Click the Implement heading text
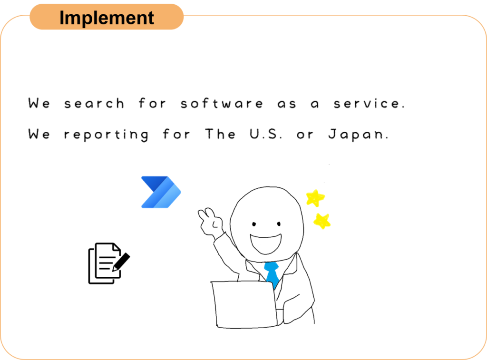pos(107,18)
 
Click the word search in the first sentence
pos(94,103)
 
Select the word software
pos(222,103)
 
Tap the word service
pos(369,103)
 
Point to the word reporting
pos(106,135)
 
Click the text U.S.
pos(266,134)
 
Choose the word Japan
pos(359,135)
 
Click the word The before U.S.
pos(220,134)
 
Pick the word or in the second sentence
pos(305,135)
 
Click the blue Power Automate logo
pos(161,192)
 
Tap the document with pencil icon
pos(109,263)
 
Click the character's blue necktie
pos(272,274)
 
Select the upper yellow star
pos(315,198)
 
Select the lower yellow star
pos(322,221)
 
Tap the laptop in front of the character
pos(244,304)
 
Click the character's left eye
pos(254,224)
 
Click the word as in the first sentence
pos(287,104)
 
